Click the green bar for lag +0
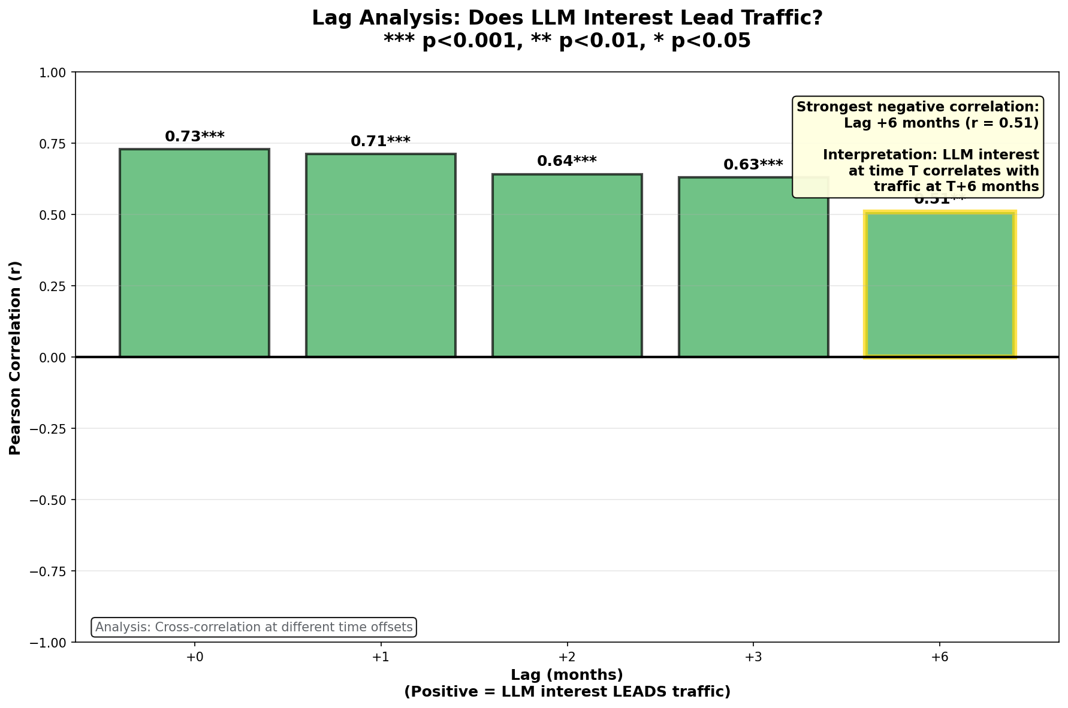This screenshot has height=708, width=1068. pyautogui.click(x=194, y=253)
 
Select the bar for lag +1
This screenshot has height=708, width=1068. pyautogui.click(x=381, y=255)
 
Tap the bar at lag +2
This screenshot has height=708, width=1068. pyautogui.click(x=567, y=265)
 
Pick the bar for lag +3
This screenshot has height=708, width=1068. pyautogui.click(x=753, y=267)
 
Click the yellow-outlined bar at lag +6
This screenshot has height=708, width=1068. pyautogui.click(x=939, y=285)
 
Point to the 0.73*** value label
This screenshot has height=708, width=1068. pyautogui.click(x=195, y=137)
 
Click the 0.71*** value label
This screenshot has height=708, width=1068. pyautogui.click(x=381, y=141)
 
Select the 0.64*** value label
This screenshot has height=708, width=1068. pyautogui.click(x=567, y=161)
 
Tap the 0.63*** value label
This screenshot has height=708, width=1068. pyautogui.click(x=753, y=165)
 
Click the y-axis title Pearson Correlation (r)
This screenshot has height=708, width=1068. pyautogui.click(x=16, y=358)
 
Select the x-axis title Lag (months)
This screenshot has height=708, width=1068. pyautogui.click(x=567, y=675)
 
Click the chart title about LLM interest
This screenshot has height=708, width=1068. pyautogui.click(x=567, y=18)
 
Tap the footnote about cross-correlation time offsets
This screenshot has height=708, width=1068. pyautogui.click(x=254, y=627)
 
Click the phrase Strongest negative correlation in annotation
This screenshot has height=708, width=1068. pyautogui.click(x=918, y=107)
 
